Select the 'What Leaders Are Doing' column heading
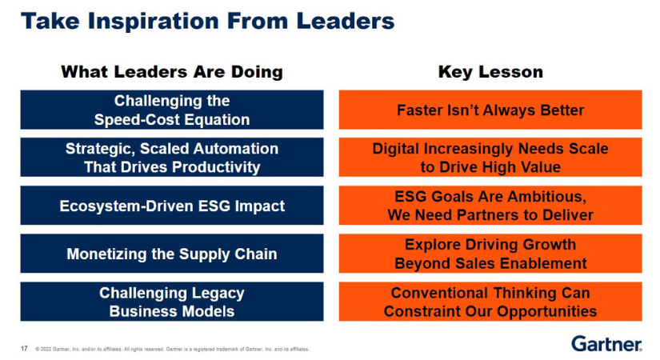click(172, 72)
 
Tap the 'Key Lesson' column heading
click(490, 72)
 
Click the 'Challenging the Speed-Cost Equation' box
click(172, 110)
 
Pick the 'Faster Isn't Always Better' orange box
click(490, 110)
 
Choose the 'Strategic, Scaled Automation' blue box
click(172, 158)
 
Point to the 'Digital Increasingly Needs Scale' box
click(490, 158)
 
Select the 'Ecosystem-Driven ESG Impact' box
click(172, 206)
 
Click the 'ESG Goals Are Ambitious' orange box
click(490, 206)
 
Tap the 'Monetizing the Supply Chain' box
click(172, 254)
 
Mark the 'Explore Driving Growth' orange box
click(490, 254)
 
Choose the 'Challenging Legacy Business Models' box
click(172, 302)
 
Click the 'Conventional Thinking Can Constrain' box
click(490, 302)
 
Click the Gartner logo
click(606, 344)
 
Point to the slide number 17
click(24, 348)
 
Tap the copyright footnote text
click(172, 349)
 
